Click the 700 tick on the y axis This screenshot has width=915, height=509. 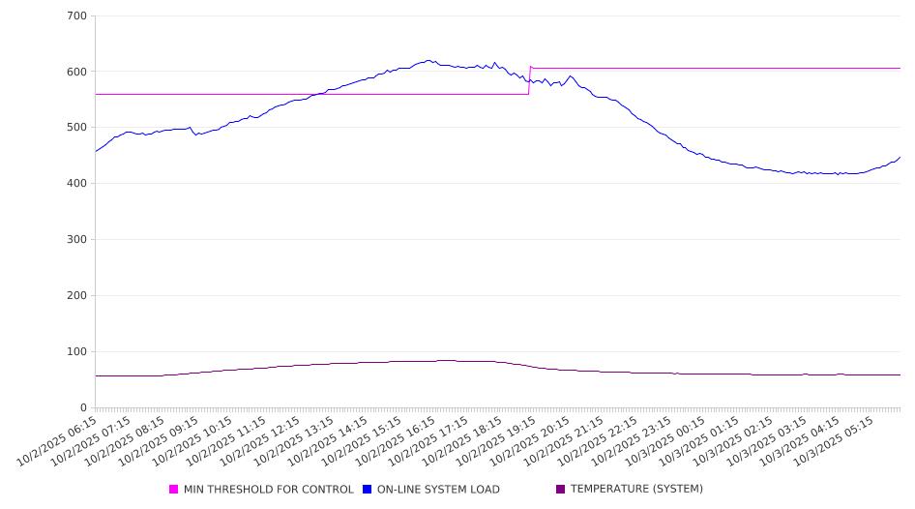click(77, 16)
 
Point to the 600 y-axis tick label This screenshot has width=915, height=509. click(77, 72)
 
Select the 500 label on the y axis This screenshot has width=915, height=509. click(77, 128)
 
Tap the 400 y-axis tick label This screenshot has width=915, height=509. click(77, 184)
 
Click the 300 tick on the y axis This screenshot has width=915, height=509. click(77, 240)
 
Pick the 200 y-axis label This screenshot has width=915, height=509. click(77, 296)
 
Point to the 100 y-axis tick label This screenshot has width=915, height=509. click(77, 352)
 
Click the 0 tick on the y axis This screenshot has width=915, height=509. click(84, 407)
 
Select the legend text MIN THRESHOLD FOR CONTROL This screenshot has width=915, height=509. click(268, 490)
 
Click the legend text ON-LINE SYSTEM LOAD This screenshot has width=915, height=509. click(438, 490)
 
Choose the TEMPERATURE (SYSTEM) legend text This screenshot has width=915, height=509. click(636, 490)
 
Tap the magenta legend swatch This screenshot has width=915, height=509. click(174, 490)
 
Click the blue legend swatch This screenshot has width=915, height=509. click(368, 490)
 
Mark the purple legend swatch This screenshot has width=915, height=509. click(561, 490)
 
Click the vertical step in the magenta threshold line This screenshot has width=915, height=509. click(529, 81)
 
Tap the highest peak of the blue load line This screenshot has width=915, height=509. click(428, 60)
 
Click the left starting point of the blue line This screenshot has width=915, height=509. click(96, 151)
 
